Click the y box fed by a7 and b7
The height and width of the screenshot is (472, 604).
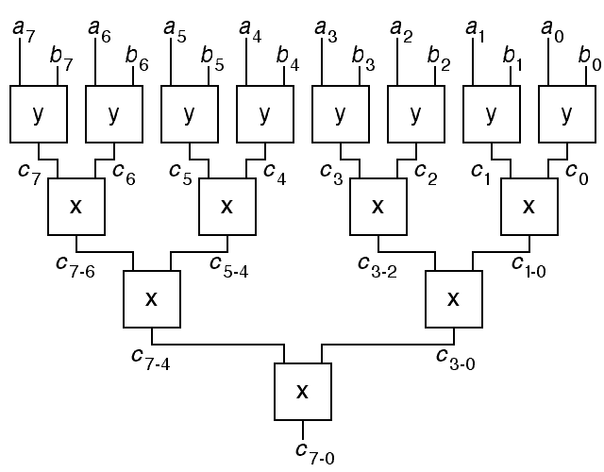pos(39,114)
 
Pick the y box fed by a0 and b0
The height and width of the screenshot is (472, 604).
pos(566,114)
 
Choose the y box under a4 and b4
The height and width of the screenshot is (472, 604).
pos(264,114)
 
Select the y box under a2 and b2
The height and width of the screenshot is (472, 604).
pos(415,114)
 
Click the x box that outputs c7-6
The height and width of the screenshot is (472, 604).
pos(76,205)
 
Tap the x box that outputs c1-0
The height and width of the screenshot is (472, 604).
pos(528,205)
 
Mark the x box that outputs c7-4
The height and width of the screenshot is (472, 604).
pos(151,299)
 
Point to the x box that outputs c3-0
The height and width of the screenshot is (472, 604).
pos(453,299)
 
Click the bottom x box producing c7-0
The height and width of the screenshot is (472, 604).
pos(302,391)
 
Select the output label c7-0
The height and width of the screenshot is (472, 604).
pos(314,453)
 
